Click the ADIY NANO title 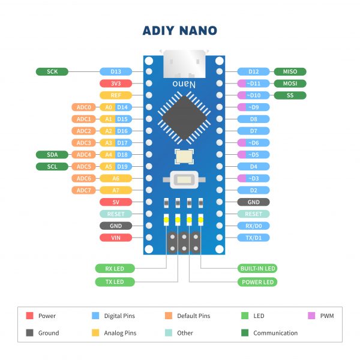[180, 31]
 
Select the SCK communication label [52, 71]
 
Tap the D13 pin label [116, 71]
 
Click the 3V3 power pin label [116, 83]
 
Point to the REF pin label [116, 95]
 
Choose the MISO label [290, 71]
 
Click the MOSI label [290, 83]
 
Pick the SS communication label [290, 95]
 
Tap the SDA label [52, 154]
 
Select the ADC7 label [83, 190]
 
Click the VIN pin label [116, 238]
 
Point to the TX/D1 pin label [254, 238]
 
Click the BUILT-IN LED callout [257, 268]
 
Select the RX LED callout [115, 268]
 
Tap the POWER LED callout [257, 281]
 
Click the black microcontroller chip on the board [181, 116]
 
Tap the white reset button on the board [181, 179]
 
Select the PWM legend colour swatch [311, 316]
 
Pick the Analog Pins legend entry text [121, 333]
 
